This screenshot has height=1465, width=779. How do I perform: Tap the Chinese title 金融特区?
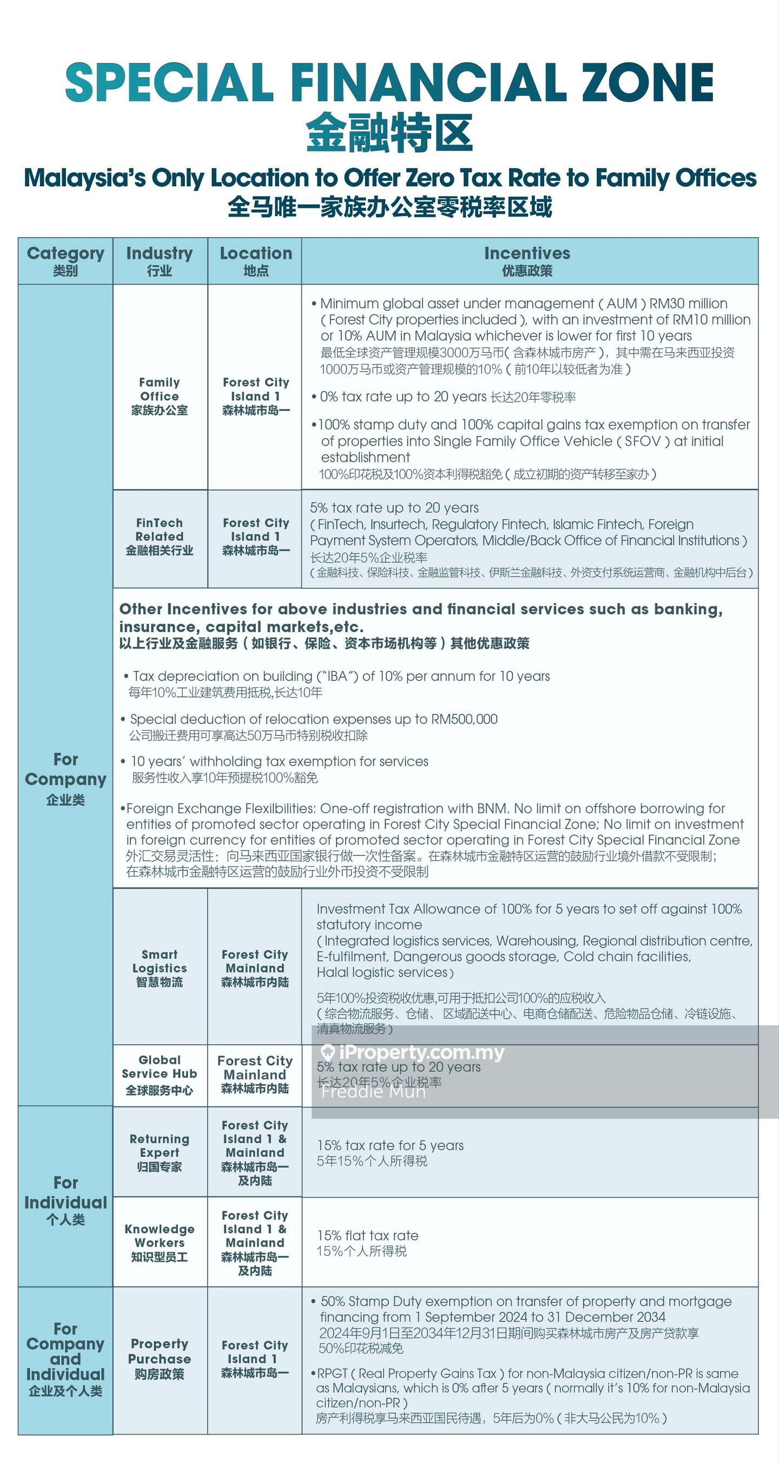point(389,133)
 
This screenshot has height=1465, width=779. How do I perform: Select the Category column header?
point(65,261)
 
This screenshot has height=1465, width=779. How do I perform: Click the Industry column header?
point(160,261)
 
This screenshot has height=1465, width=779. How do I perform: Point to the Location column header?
point(256,261)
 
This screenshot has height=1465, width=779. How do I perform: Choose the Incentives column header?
point(527,261)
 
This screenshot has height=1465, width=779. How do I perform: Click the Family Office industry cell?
point(160,396)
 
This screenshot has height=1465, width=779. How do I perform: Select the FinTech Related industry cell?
point(160,536)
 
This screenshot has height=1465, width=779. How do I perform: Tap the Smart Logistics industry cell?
point(160,968)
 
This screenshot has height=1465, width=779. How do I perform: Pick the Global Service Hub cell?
point(160,1075)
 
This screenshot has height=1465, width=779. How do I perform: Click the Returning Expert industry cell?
point(160,1152)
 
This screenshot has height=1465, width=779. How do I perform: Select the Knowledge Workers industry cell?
point(160,1242)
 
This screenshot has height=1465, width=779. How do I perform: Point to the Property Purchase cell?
point(160,1359)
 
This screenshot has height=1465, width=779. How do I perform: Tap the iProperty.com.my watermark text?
point(420,1053)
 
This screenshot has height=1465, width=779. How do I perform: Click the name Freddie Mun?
point(373,1091)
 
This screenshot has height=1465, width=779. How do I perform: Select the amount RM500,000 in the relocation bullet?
point(464,719)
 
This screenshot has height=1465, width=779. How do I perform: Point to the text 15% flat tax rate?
point(368,1235)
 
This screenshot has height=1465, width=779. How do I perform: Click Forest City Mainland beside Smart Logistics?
point(255,968)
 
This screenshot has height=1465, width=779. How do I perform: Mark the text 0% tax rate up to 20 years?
point(404,397)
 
